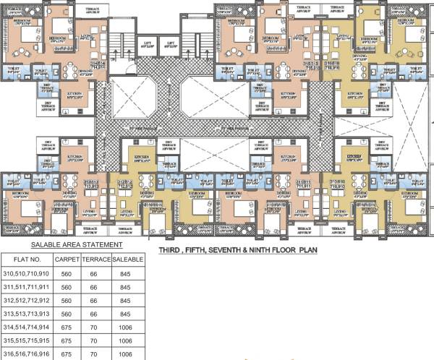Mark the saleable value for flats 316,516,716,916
pyautogui.click(x=129, y=354)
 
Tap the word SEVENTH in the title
pyautogui.click(x=246, y=252)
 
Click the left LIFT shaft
pyautogui.click(x=147, y=45)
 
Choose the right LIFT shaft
pyautogui.click(x=172, y=45)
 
